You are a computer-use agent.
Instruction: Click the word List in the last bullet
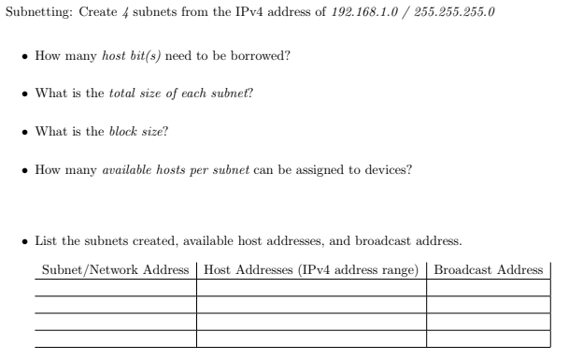46,241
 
